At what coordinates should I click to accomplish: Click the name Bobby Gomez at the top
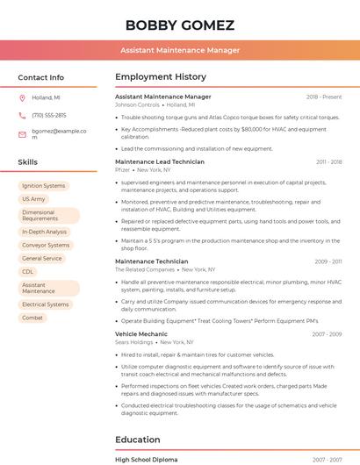tap(179, 25)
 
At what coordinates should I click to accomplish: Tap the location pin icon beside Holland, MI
tap(22, 98)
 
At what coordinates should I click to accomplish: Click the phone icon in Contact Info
tap(22, 116)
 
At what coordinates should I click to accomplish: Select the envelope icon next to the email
tap(22, 134)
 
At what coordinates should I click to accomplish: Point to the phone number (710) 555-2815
tap(49, 116)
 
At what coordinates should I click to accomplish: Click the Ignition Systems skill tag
tap(44, 186)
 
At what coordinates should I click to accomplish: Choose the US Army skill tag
tap(33, 199)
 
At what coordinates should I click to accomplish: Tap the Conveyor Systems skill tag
tap(46, 246)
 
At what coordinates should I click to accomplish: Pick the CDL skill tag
tap(28, 272)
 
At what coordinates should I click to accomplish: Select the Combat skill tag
tap(32, 318)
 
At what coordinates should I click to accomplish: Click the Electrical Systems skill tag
tap(45, 304)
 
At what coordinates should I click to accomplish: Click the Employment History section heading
tap(161, 77)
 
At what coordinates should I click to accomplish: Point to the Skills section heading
tap(28, 162)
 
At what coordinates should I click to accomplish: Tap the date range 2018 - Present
tap(324, 97)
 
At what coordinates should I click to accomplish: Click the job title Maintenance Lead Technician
tap(160, 162)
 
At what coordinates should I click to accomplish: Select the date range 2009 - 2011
tap(328, 261)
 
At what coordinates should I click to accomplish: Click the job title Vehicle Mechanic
tap(140, 334)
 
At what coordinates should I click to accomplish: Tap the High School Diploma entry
tap(146, 460)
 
